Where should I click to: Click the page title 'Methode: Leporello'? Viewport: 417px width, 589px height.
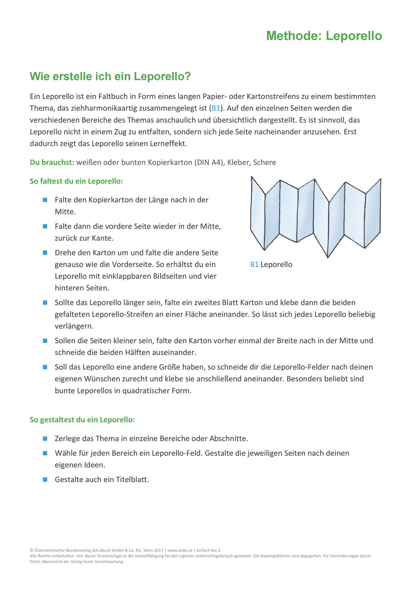click(x=324, y=36)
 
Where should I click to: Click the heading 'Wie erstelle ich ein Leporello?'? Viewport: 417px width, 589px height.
click(x=111, y=76)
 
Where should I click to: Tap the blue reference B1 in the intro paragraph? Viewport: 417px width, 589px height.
click(x=216, y=108)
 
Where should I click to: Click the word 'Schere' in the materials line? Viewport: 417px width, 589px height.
click(x=265, y=162)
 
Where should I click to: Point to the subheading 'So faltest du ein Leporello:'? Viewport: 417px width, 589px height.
click(x=76, y=181)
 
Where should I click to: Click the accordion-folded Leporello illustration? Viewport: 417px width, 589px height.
click(x=315, y=216)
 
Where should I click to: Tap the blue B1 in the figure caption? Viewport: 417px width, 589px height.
click(x=254, y=264)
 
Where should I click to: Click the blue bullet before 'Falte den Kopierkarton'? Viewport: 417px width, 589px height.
click(x=45, y=200)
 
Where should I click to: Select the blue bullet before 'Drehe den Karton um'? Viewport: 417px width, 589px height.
click(x=45, y=253)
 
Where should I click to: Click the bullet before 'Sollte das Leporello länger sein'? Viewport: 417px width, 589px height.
click(x=45, y=303)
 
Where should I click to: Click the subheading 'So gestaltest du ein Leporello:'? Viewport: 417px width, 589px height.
click(x=82, y=420)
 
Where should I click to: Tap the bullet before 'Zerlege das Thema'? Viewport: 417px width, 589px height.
click(x=45, y=439)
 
